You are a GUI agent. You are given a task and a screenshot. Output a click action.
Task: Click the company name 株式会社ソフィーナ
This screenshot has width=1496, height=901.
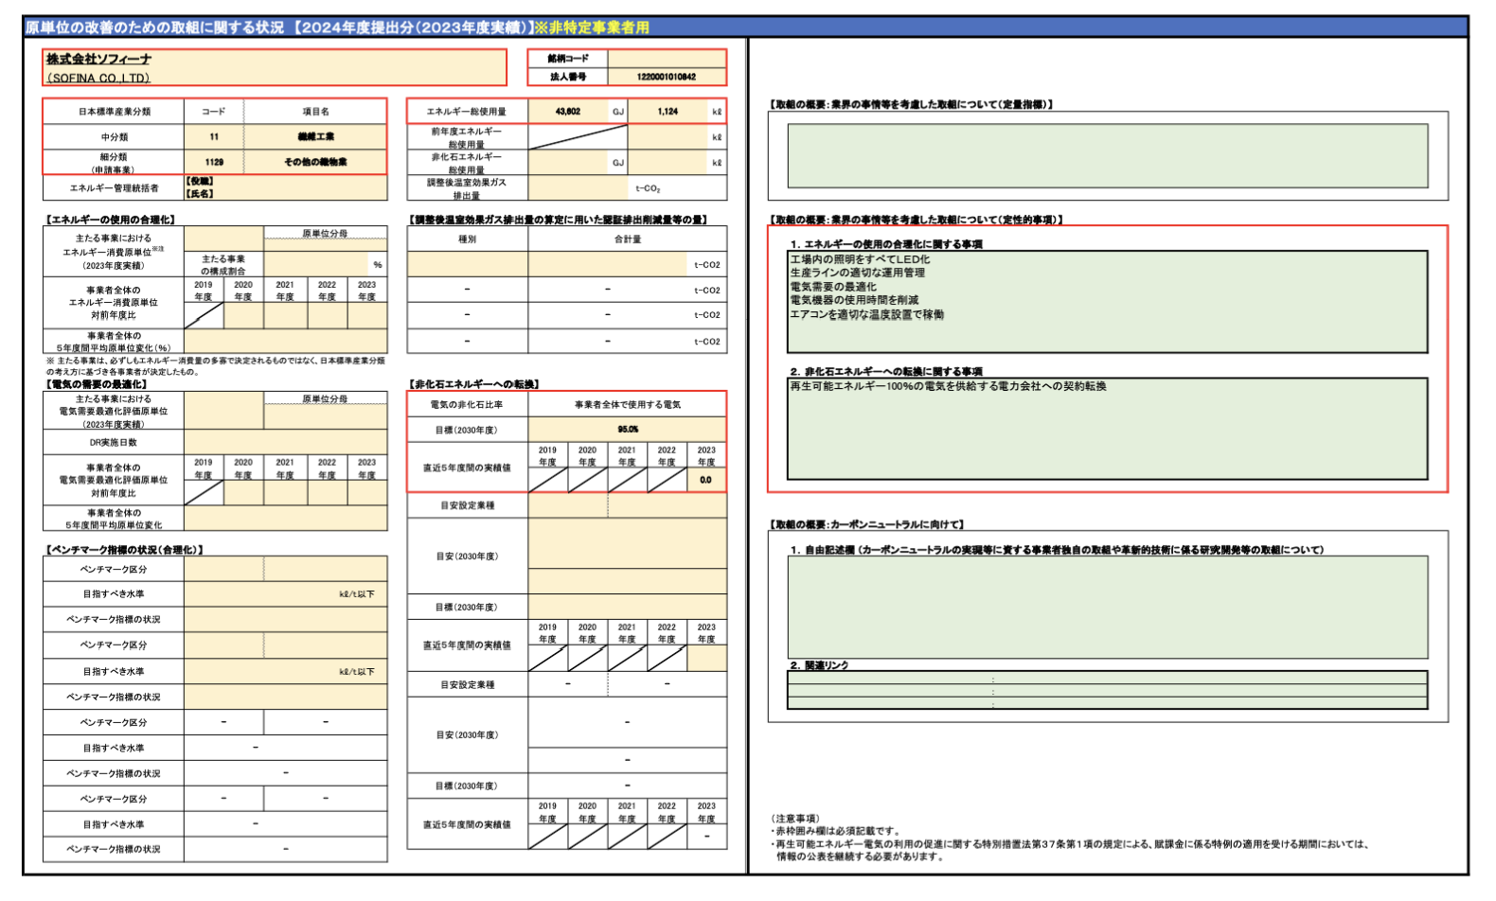tap(99, 60)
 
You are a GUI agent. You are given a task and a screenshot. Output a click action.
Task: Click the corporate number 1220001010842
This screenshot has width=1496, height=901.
tap(666, 77)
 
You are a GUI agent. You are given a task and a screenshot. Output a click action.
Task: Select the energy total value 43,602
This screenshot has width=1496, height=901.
tap(568, 112)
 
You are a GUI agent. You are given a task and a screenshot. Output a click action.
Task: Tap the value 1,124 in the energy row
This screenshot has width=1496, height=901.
tap(668, 112)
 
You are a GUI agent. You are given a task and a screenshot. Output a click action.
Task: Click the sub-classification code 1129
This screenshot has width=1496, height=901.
tap(214, 162)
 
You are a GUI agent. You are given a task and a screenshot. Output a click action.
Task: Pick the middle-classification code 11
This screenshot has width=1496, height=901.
tap(214, 137)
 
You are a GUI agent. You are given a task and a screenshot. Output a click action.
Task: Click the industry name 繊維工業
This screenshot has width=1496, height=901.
tap(315, 137)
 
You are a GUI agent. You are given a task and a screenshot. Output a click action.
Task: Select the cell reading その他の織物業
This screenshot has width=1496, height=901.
tap(315, 162)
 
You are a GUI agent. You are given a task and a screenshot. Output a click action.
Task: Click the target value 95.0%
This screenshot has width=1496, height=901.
tap(628, 430)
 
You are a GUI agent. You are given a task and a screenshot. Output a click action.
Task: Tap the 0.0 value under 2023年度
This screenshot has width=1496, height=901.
tap(706, 480)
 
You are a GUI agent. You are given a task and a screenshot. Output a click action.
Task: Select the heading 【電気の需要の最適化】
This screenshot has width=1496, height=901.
tap(97, 384)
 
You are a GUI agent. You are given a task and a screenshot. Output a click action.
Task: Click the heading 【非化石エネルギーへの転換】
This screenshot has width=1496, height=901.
tap(474, 384)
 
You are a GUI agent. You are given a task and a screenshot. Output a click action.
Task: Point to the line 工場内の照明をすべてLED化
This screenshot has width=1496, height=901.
tap(860, 259)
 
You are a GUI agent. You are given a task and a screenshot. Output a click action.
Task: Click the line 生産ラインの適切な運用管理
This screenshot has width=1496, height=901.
tap(858, 273)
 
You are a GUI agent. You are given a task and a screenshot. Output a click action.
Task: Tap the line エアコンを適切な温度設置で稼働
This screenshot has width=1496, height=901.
tap(866, 314)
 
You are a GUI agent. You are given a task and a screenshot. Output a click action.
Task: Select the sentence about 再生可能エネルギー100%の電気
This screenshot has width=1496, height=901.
tap(948, 386)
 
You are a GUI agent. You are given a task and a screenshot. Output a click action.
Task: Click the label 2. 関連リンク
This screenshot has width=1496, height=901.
tap(819, 665)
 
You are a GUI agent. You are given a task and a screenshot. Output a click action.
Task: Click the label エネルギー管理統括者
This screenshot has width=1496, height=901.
tap(114, 188)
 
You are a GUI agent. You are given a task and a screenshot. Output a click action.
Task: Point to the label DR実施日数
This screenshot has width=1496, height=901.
tap(114, 442)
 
